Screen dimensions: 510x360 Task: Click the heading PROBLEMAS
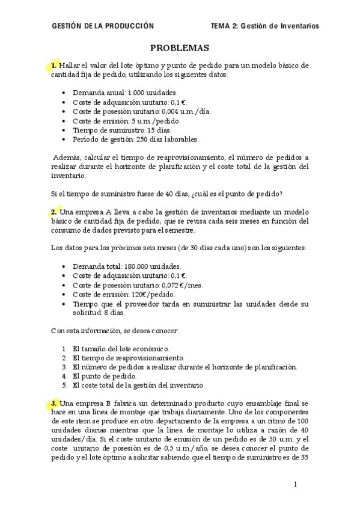(179, 48)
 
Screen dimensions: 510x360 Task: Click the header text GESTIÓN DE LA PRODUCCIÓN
(103, 26)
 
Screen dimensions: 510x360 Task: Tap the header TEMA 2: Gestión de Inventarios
(265, 26)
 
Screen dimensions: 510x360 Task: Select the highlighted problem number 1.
(54, 65)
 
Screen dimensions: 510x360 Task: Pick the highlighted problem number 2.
(54, 212)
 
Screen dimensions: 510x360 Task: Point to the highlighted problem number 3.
(54, 403)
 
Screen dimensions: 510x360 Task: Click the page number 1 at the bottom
(296, 484)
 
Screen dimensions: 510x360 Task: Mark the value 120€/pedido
(153, 294)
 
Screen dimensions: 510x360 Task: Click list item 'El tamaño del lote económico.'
(121, 349)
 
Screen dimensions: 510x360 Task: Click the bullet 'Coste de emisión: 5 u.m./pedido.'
(126, 121)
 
